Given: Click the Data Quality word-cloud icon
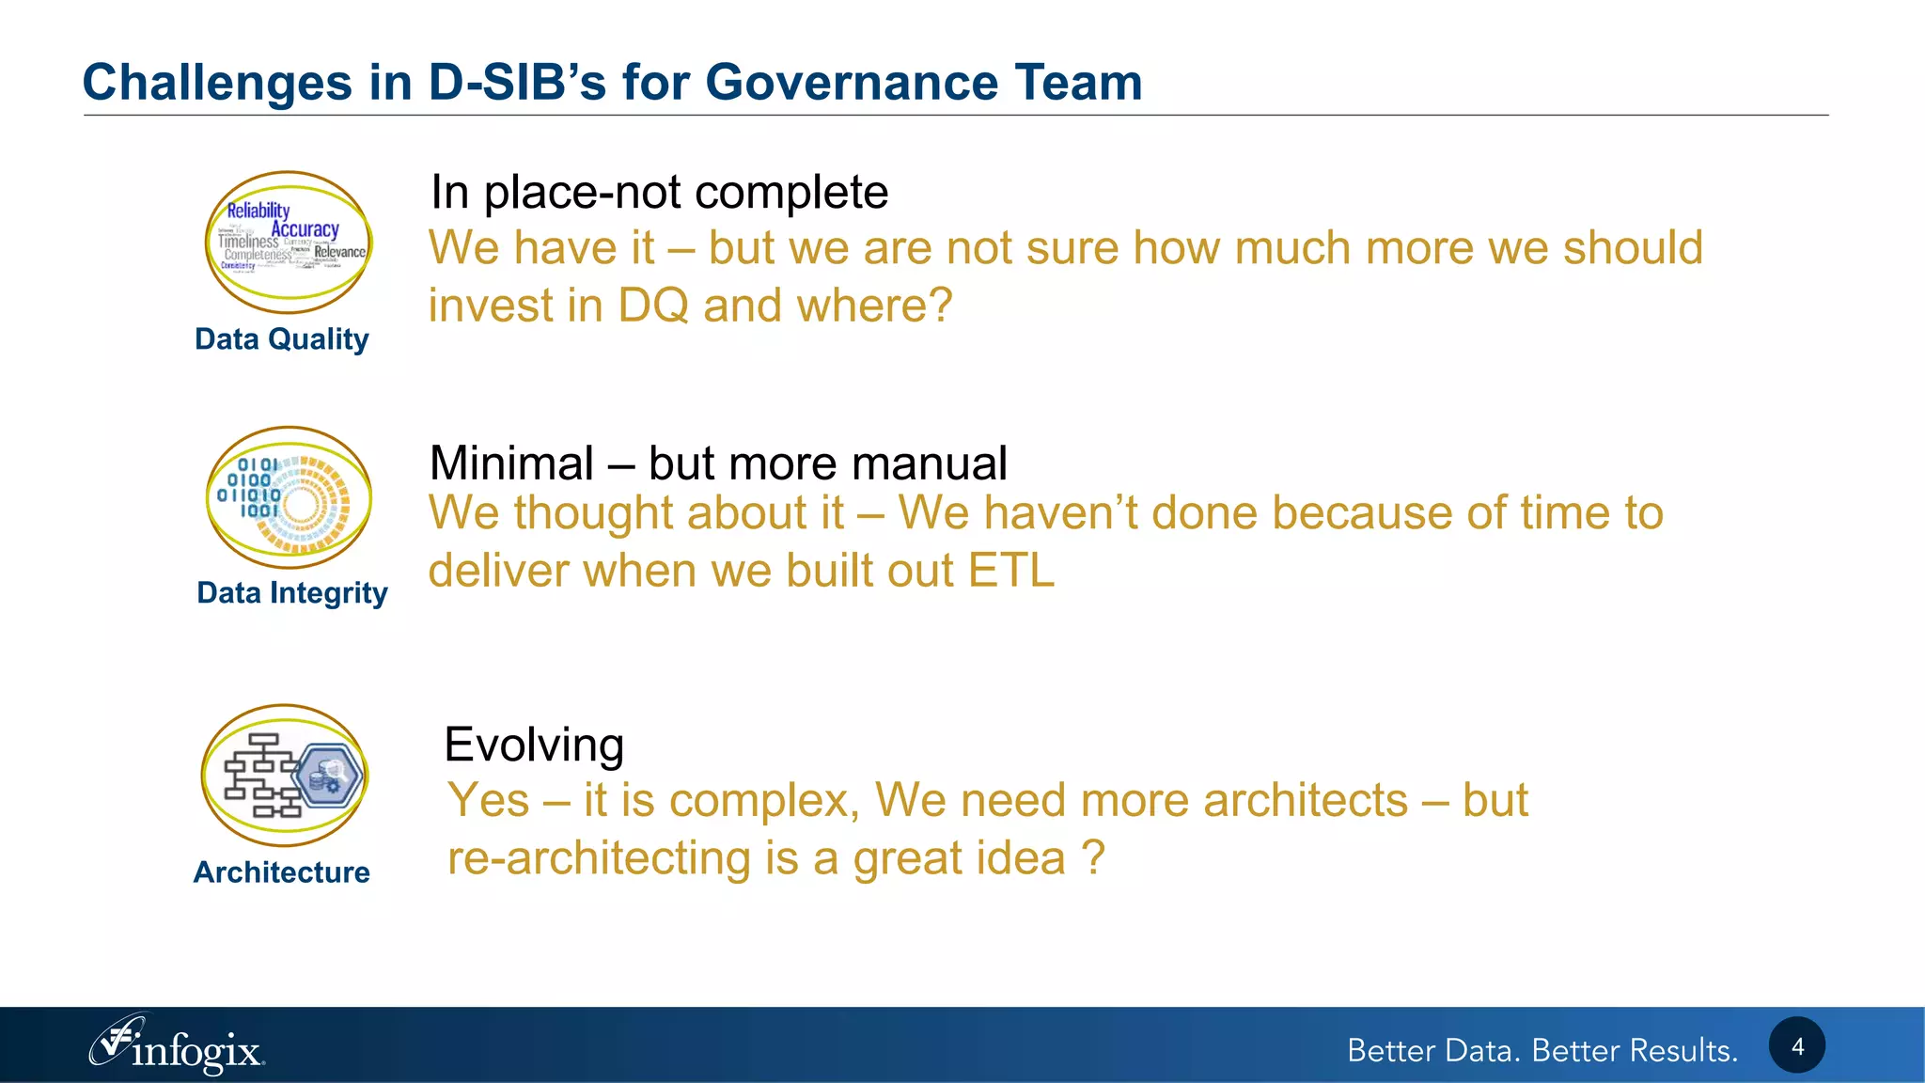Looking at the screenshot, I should (x=289, y=242).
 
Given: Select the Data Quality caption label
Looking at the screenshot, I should (x=281, y=339).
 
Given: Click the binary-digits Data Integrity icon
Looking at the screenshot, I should (x=289, y=497).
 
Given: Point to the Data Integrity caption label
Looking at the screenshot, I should (x=291, y=593).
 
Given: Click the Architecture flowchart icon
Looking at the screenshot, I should (x=284, y=776).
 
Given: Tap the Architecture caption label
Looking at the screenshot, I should (x=281, y=872).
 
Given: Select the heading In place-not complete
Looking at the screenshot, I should (x=658, y=193).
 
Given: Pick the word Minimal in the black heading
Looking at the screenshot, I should (x=511, y=463).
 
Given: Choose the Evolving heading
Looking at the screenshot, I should (x=533, y=745).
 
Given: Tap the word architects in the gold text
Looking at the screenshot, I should (x=1305, y=801).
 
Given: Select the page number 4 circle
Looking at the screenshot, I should (x=1796, y=1045).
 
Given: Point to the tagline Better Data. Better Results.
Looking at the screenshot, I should (x=1542, y=1050).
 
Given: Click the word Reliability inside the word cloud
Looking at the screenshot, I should (x=258, y=211).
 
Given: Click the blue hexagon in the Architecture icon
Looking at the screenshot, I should (x=328, y=776).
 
